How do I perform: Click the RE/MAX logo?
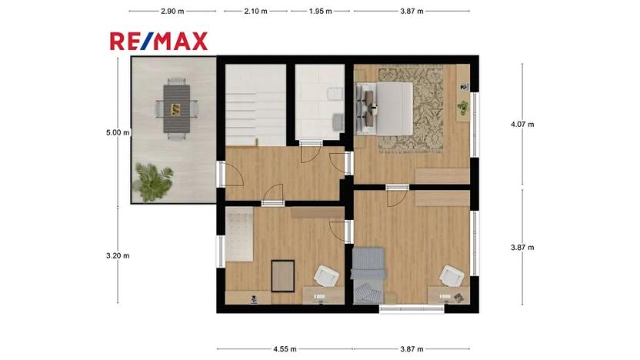(158, 42)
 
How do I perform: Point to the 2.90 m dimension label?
(172, 11)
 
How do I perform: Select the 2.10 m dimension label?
(255, 11)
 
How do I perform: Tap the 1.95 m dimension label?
(321, 11)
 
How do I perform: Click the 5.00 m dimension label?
(118, 132)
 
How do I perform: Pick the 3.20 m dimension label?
(118, 256)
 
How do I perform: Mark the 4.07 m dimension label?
(522, 125)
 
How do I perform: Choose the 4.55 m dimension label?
(285, 349)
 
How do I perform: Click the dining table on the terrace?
(176, 108)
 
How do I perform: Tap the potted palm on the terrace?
(154, 182)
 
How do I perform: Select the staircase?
(255, 105)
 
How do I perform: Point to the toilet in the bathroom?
(335, 95)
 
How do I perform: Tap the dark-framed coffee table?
(283, 276)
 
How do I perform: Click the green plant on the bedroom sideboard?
(462, 108)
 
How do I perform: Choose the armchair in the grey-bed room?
(452, 275)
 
